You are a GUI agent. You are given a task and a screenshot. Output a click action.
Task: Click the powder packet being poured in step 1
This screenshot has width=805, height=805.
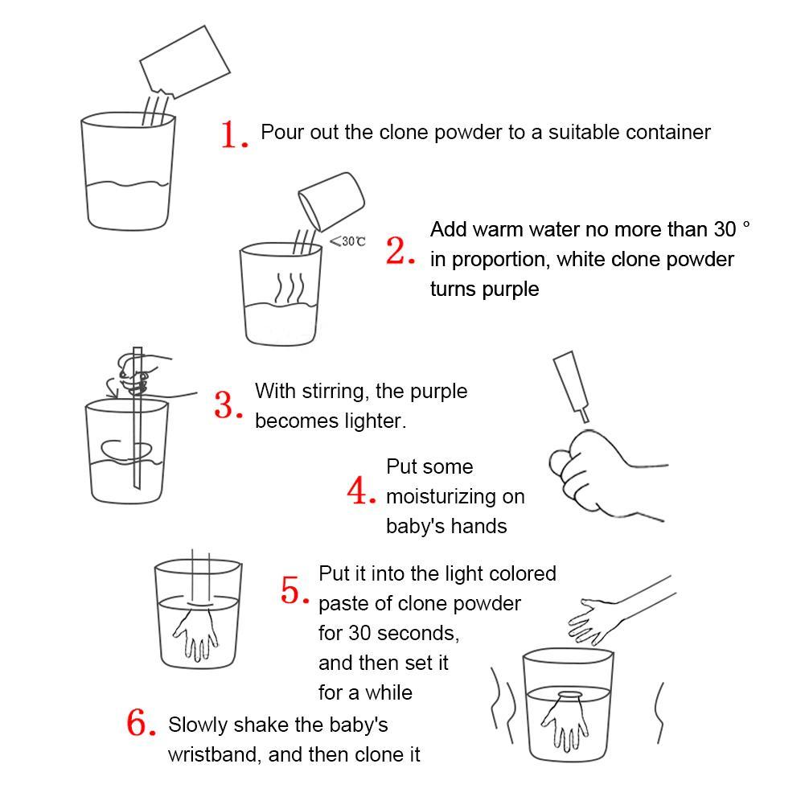pos(184,62)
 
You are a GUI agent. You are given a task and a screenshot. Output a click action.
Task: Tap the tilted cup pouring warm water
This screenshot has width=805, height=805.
pos(331,201)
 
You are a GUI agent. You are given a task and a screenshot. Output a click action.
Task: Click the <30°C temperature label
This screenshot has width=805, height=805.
pos(347,240)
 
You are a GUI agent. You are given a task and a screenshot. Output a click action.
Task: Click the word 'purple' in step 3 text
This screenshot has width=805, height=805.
pos(439,392)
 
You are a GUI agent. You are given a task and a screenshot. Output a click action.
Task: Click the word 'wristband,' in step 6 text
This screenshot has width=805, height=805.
pos(215,754)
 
